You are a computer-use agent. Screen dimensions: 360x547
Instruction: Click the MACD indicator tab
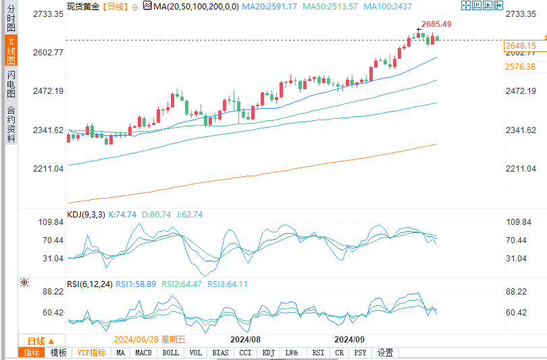click(143, 353)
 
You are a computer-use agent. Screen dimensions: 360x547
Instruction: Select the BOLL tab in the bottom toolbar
click(171, 353)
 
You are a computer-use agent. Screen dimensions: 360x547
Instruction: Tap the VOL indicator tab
click(196, 353)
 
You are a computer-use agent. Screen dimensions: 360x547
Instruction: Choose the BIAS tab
click(220, 353)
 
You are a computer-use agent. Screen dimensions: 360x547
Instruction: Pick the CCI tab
click(244, 353)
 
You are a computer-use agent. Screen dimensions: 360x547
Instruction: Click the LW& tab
click(292, 353)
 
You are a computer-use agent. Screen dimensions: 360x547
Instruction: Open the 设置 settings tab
click(385, 353)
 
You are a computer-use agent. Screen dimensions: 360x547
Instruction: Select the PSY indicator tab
click(361, 353)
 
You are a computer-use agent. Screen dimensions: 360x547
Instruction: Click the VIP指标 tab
click(90, 353)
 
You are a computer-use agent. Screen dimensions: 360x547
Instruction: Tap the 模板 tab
click(59, 353)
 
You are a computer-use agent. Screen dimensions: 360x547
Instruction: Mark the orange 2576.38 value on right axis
click(520, 67)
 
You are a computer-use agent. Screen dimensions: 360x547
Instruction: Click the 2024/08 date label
click(245, 339)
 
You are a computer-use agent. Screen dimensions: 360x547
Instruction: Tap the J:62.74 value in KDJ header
click(189, 215)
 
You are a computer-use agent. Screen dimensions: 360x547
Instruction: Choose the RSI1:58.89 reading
click(137, 284)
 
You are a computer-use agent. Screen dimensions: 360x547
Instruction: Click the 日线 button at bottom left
click(41, 340)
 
